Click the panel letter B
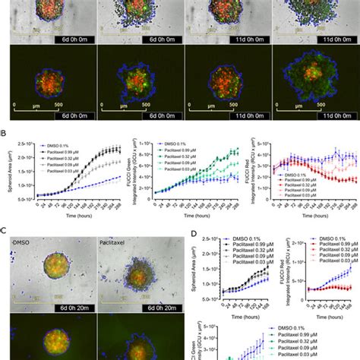point(5,131)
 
